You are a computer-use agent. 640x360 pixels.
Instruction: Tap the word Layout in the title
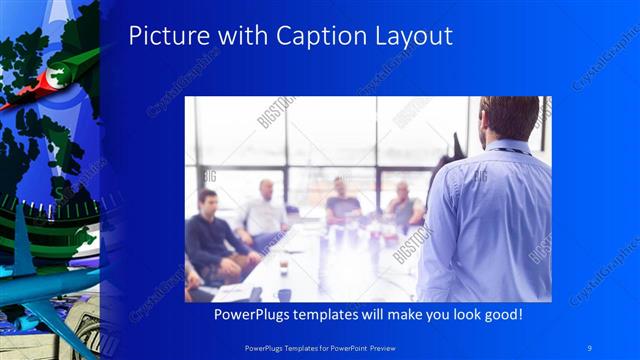tap(412, 37)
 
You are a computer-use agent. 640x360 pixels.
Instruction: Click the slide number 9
tap(590, 346)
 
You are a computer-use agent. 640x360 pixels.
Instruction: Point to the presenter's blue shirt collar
tap(505, 149)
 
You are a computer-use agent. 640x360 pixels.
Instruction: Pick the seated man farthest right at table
tap(404, 205)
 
